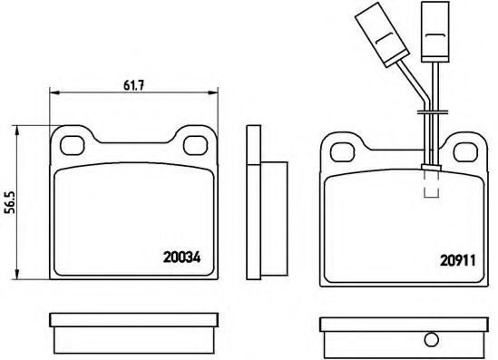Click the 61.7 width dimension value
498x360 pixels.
[x=133, y=85]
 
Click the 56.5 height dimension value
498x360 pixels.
[x=13, y=202]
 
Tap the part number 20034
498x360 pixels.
[x=181, y=258]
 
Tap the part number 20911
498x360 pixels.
[x=458, y=260]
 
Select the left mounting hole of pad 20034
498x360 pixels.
[x=73, y=145]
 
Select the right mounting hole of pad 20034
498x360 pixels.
[x=196, y=145]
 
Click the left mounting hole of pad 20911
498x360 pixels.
[x=342, y=152]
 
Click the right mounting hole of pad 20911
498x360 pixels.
[x=465, y=152]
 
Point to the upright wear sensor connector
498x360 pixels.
[x=435, y=32]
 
